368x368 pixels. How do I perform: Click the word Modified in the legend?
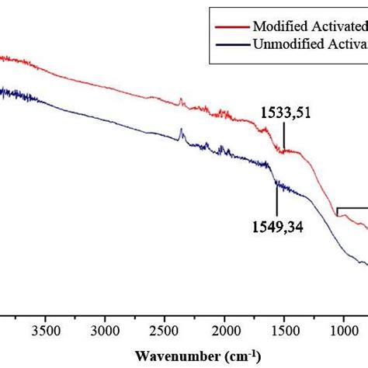coord(281,26)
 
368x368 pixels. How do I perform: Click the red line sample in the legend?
coord(231,26)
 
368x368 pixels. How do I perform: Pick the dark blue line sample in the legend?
coord(231,43)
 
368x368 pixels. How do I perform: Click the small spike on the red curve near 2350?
coord(180,100)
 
